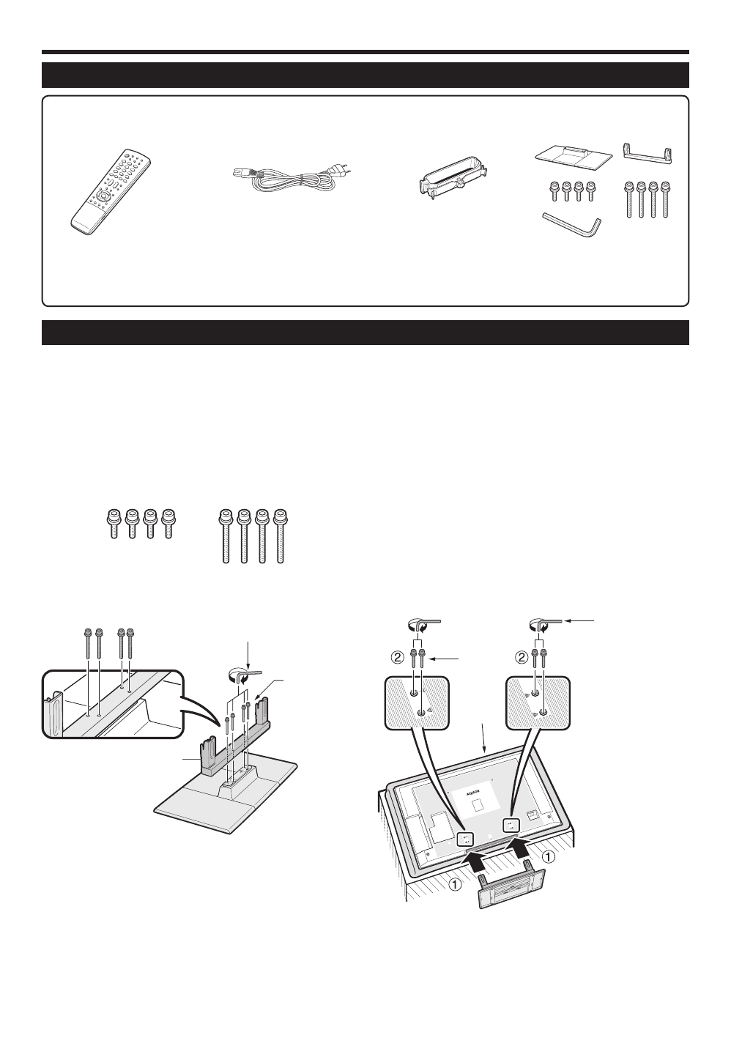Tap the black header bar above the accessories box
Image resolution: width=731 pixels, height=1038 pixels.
pyautogui.click(x=365, y=75)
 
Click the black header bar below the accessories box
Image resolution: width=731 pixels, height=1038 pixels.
pyautogui.click(x=365, y=332)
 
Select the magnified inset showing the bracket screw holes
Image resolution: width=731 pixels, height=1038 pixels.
pyautogui.click(x=110, y=703)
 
